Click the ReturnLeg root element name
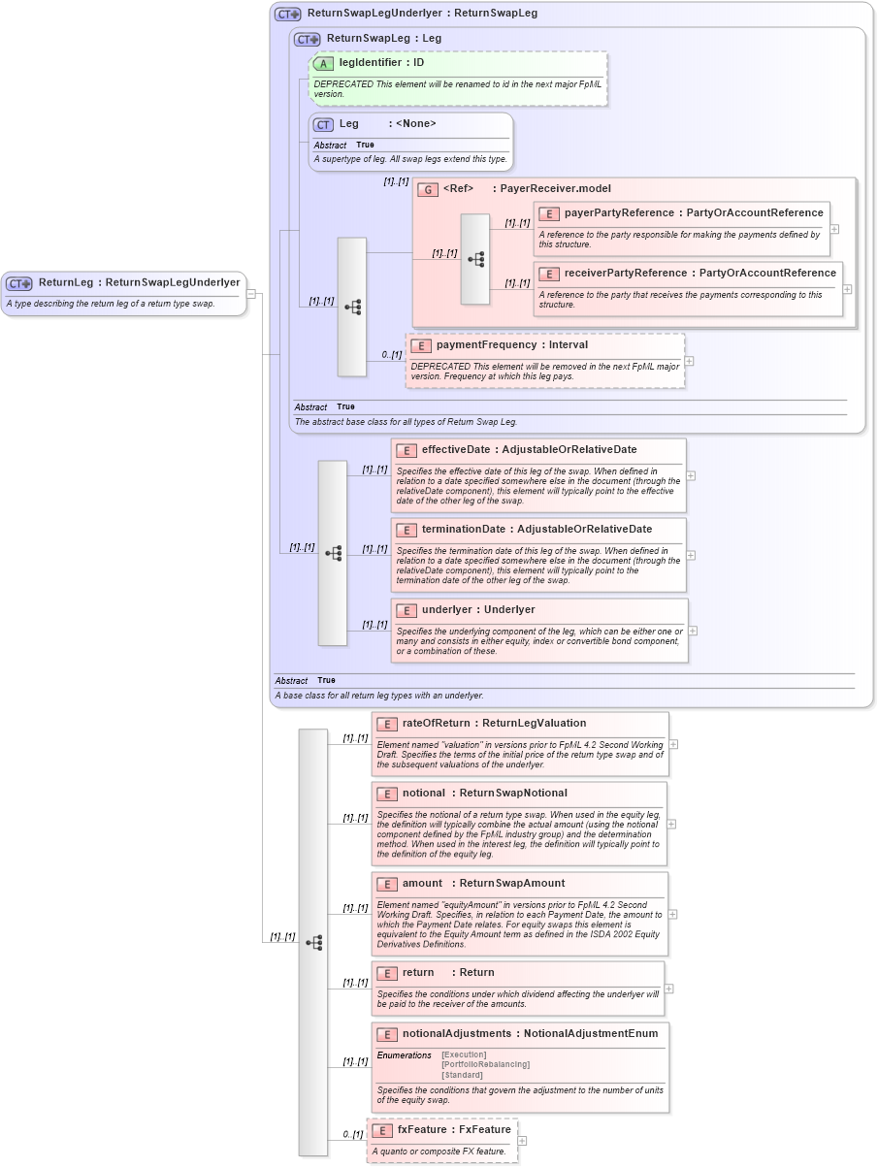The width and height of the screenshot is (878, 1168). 66,282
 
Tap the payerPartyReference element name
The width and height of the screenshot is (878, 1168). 619,212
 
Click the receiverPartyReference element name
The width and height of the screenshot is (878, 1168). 626,273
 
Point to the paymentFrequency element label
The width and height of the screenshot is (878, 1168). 486,344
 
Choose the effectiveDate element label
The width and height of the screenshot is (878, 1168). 456,449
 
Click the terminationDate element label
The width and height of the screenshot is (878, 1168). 463,529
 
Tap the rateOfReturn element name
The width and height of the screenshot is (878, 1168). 436,723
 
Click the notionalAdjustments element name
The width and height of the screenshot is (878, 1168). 456,1033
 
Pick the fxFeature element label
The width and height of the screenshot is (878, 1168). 422,1129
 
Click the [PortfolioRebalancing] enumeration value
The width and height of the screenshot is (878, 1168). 485,1064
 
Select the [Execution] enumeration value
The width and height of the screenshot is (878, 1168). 464,1054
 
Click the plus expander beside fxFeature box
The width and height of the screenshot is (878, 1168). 523,1141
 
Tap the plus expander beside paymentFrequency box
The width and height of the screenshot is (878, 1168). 690,361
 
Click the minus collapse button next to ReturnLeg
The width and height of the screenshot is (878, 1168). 250,293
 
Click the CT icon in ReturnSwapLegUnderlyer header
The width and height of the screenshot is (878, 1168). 287,15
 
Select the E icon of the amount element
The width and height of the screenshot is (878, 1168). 387,884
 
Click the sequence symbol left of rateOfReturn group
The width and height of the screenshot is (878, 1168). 313,942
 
